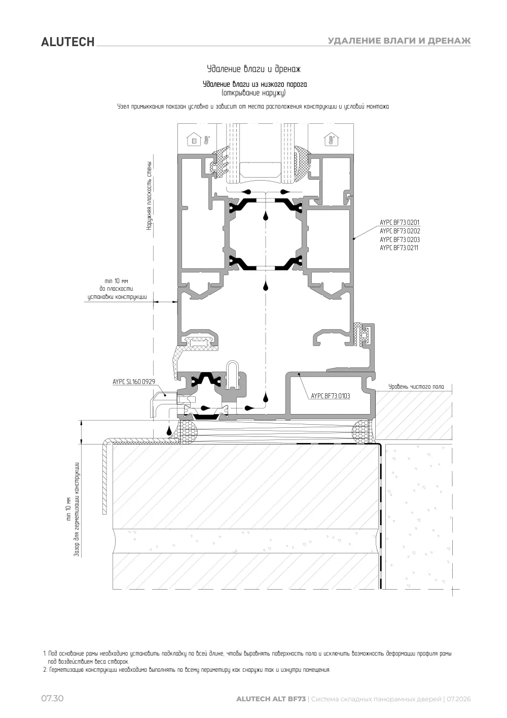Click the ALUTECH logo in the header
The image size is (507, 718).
coord(67,42)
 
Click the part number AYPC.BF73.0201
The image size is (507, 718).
coord(400,222)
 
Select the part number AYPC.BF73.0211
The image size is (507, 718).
coord(399,248)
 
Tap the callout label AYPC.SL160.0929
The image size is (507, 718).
coord(134,382)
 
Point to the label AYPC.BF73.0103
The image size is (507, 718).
coord(331,396)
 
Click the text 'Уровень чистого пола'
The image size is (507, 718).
coord(416,387)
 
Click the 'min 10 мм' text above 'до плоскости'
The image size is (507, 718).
coord(116,281)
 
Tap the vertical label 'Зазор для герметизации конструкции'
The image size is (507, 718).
coord(77,509)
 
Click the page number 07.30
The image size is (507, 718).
coord(52,698)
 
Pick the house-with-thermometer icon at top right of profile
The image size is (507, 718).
coord(331,140)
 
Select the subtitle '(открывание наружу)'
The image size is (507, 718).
coord(253,93)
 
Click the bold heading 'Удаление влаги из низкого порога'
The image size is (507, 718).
coord(255,84)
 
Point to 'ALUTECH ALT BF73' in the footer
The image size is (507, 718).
coord(271,699)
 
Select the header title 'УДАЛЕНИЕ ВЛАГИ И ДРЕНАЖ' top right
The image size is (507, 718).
coord(399,41)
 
